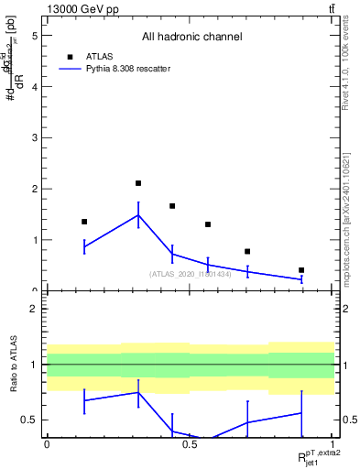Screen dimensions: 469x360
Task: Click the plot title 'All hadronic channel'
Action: pos(191,38)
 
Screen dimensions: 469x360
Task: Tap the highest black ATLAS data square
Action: pos(138,183)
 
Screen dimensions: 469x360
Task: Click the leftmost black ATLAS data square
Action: pos(84,222)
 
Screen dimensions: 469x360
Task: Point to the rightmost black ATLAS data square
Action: pos(301,270)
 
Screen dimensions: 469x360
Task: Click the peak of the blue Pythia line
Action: pos(138,215)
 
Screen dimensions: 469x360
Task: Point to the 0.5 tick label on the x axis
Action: pos(190,443)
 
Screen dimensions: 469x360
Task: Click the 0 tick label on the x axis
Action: pos(47,443)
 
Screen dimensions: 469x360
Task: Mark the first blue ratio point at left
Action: pos(84,400)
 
